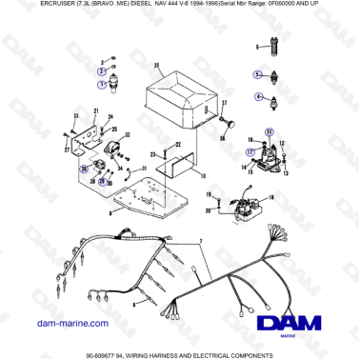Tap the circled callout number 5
(x=255, y=73)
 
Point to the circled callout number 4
(x=257, y=96)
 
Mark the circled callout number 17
(x=250, y=150)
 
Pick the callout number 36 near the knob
(x=222, y=136)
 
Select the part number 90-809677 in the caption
(x=107, y=353)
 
